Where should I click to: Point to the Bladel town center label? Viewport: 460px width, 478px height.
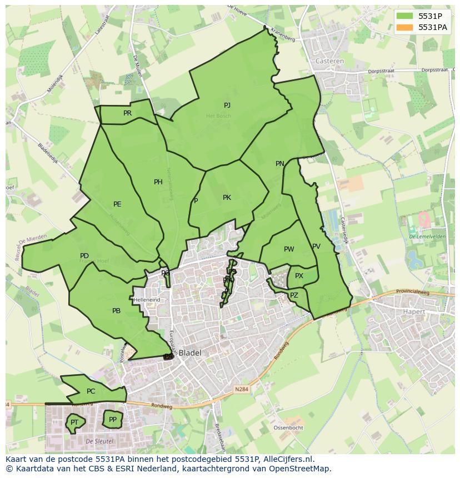(x=190, y=353)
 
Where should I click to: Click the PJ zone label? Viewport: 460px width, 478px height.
(x=227, y=105)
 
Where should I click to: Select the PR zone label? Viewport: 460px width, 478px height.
(x=127, y=113)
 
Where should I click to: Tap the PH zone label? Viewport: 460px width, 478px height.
(x=158, y=182)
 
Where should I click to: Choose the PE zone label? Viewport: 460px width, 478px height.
(x=117, y=204)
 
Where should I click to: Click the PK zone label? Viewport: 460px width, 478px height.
(x=227, y=198)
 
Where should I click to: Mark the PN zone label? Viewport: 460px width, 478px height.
(x=280, y=164)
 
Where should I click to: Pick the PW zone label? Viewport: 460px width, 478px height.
(x=289, y=249)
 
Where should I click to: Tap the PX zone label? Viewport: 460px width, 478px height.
(x=299, y=276)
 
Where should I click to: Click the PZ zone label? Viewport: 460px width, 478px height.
(x=294, y=295)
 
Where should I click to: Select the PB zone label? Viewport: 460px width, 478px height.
(x=116, y=311)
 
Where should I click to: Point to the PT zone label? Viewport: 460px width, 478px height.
(x=74, y=423)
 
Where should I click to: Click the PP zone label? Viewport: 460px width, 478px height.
(x=113, y=420)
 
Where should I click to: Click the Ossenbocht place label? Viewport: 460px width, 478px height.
(x=288, y=428)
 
